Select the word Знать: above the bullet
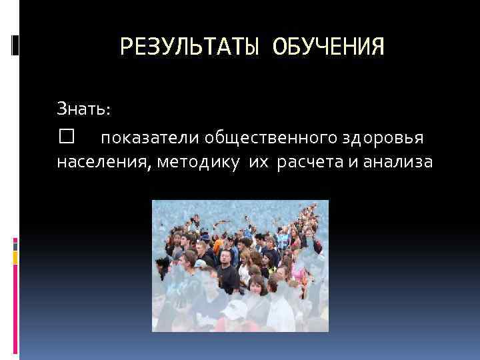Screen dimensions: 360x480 pyautogui.click(x=85, y=107)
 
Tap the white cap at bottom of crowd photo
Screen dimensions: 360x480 pyautogui.click(x=235, y=309)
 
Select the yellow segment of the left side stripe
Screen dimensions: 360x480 pyautogui.click(x=15, y=257)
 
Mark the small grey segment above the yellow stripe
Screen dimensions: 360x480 pyautogui.click(x=15, y=243)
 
